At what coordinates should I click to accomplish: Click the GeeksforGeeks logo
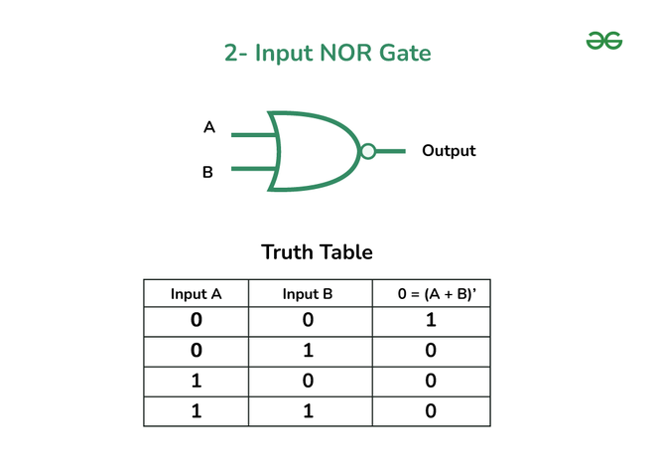click(x=603, y=41)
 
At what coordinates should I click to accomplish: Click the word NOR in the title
click(x=344, y=53)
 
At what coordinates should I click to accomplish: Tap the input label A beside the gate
click(x=208, y=127)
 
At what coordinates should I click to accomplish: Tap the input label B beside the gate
click(x=207, y=173)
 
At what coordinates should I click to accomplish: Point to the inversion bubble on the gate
click(x=368, y=151)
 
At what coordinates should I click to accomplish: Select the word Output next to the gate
click(x=449, y=151)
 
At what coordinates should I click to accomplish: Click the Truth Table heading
click(x=317, y=252)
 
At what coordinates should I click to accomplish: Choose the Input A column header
click(x=196, y=294)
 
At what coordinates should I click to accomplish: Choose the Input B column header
click(x=308, y=294)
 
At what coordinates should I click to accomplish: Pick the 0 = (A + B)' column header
click(x=430, y=294)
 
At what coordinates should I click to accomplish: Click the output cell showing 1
click(x=430, y=322)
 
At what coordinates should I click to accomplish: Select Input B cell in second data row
click(x=308, y=352)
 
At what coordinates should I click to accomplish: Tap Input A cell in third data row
click(x=196, y=382)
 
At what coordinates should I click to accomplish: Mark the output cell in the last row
click(x=430, y=411)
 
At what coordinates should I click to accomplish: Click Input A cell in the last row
click(x=196, y=411)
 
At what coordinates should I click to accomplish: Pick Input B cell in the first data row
click(x=308, y=322)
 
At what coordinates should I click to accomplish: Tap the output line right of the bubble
click(x=391, y=151)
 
